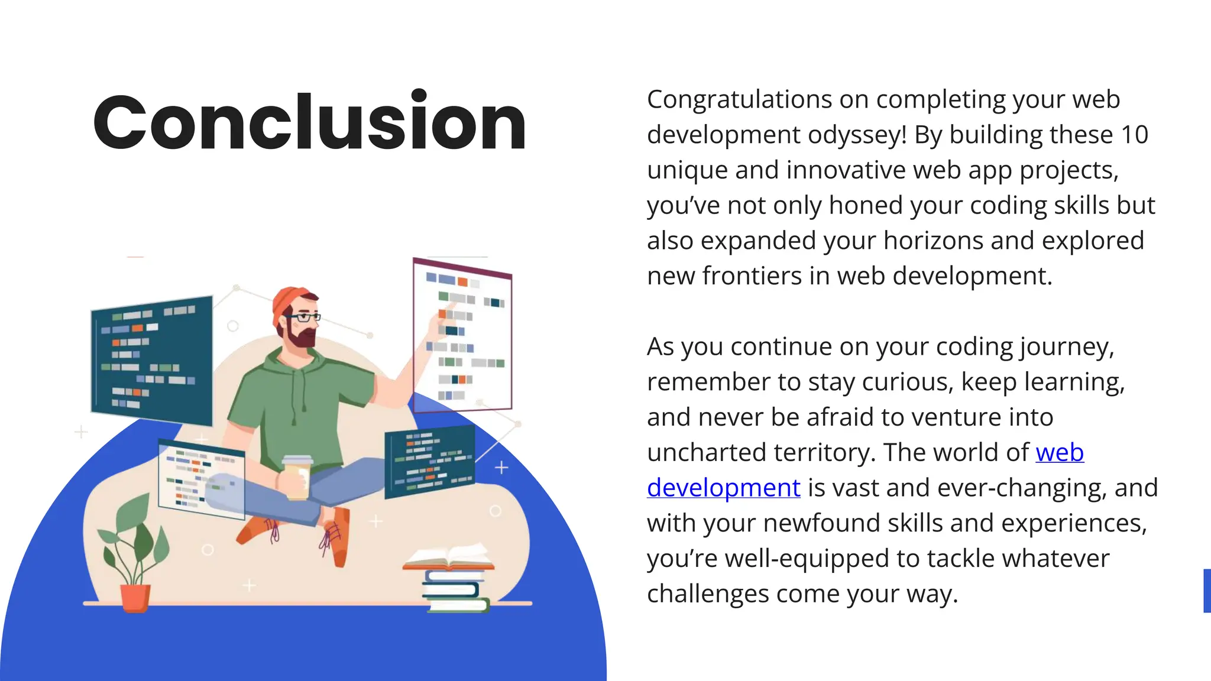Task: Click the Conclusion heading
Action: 309,123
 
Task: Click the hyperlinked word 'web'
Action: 1060,453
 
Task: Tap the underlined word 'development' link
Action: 723,488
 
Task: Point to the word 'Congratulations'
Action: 739,99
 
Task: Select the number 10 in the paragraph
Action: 1134,135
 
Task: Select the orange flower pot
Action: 135,597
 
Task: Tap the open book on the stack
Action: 448,557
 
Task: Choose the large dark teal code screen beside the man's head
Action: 152,359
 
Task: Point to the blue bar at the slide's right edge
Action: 1207,591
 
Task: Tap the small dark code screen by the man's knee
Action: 429,461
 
